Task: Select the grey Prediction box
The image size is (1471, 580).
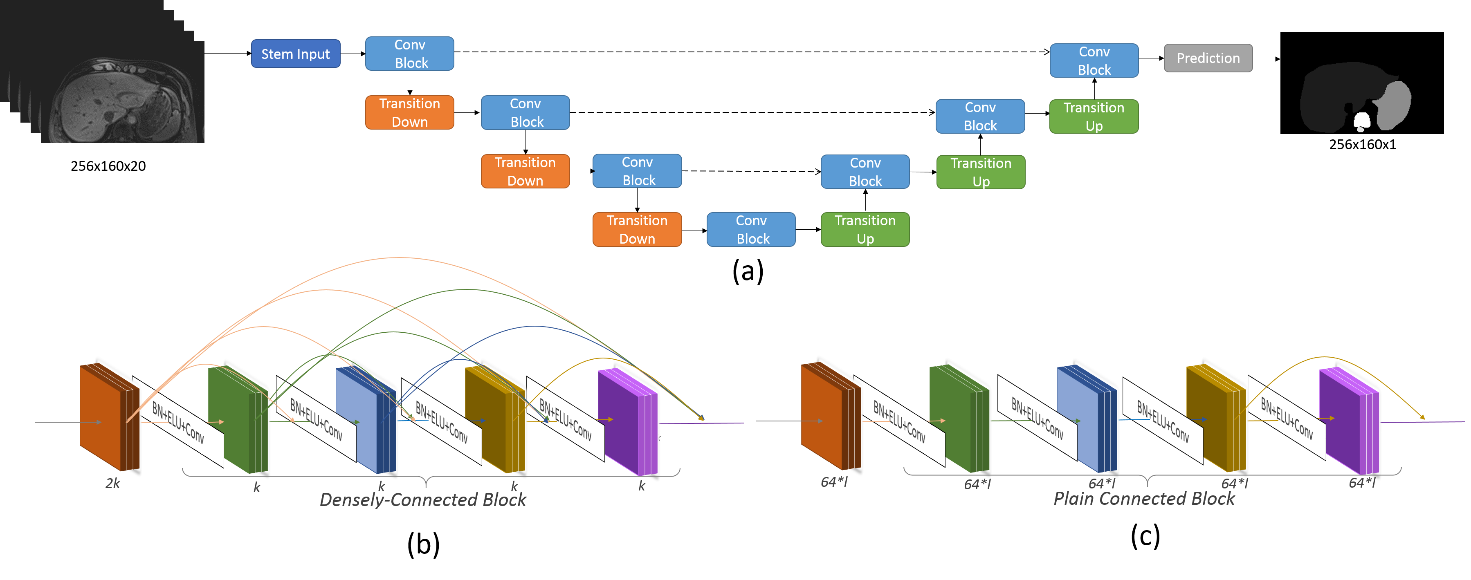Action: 1208,58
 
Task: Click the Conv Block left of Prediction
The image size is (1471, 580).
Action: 1094,60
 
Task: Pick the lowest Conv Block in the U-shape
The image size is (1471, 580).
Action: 751,229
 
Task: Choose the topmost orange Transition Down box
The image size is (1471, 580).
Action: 409,112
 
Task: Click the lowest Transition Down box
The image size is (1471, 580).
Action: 637,229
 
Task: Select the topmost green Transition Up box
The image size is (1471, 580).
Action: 1094,116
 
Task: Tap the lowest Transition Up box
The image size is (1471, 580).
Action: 865,229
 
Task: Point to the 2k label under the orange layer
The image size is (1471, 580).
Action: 112,484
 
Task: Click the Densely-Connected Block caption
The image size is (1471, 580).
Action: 422,500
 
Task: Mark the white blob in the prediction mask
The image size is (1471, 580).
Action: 1362,121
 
